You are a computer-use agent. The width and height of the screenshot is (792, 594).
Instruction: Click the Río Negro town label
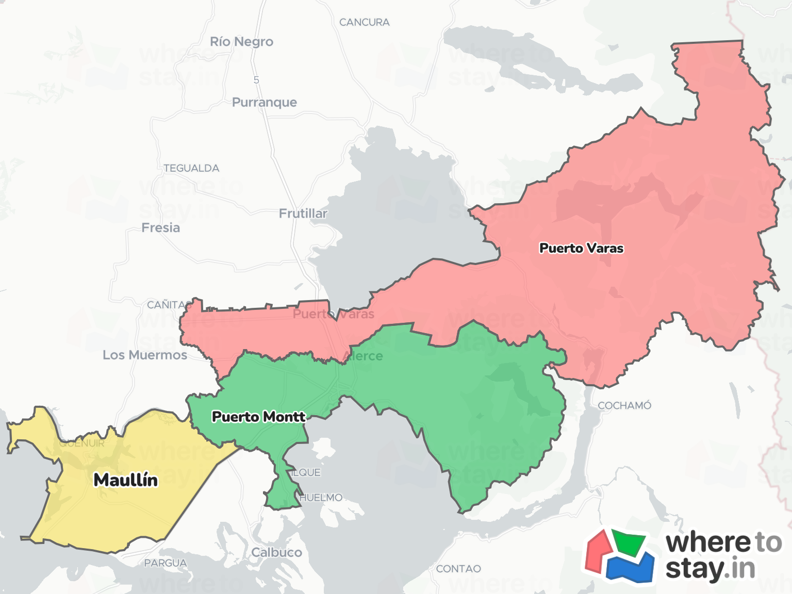(241, 42)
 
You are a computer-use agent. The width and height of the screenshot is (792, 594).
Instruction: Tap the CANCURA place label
(364, 22)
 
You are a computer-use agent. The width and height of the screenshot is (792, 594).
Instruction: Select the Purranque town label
(264, 102)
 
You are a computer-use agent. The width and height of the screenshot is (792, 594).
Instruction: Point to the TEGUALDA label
(191, 168)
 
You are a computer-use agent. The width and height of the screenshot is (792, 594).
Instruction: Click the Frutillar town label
(303, 213)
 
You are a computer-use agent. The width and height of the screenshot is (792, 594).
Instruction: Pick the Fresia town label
(161, 228)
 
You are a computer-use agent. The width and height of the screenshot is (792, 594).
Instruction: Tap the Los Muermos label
(145, 355)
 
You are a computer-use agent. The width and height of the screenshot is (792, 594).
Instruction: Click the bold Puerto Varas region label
(581, 249)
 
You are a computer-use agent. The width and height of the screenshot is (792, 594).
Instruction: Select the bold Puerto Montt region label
(258, 417)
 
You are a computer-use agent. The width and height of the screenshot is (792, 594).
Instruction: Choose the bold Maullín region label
(125, 480)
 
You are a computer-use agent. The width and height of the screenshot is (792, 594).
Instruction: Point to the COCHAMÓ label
(624, 406)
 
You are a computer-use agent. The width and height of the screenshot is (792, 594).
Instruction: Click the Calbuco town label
(276, 552)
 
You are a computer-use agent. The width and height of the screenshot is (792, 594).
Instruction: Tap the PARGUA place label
(166, 563)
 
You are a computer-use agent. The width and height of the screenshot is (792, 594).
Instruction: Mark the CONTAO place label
(458, 569)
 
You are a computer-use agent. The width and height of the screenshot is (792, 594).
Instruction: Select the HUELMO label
(321, 498)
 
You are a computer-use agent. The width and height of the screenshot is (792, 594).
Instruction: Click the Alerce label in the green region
(363, 356)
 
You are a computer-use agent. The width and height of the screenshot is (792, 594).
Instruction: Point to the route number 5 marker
(256, 80)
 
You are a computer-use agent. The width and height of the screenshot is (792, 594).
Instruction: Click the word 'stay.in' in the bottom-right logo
(710, 569)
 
